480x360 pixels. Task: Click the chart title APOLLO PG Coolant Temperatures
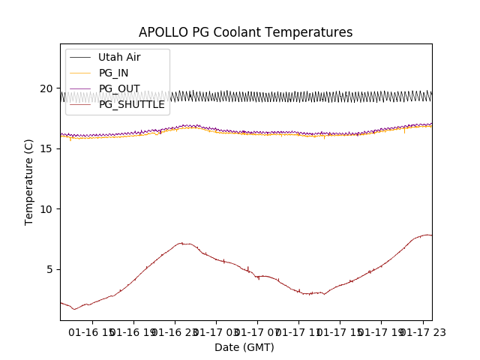pos(245,32)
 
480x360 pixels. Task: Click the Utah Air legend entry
pos(118,57)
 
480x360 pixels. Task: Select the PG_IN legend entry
pos(113,73)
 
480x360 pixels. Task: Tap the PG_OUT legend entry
pos(118,88)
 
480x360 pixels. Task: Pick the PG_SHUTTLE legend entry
pos(131,104)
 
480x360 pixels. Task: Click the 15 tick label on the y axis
pos(46,148)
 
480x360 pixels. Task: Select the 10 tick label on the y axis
pos(46,208)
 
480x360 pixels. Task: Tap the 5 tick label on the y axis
pos(49,269)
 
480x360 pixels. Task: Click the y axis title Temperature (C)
pos(29,181)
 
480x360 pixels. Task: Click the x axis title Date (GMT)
pos(244,347)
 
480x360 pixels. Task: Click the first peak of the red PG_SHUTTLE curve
pos(181,243)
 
